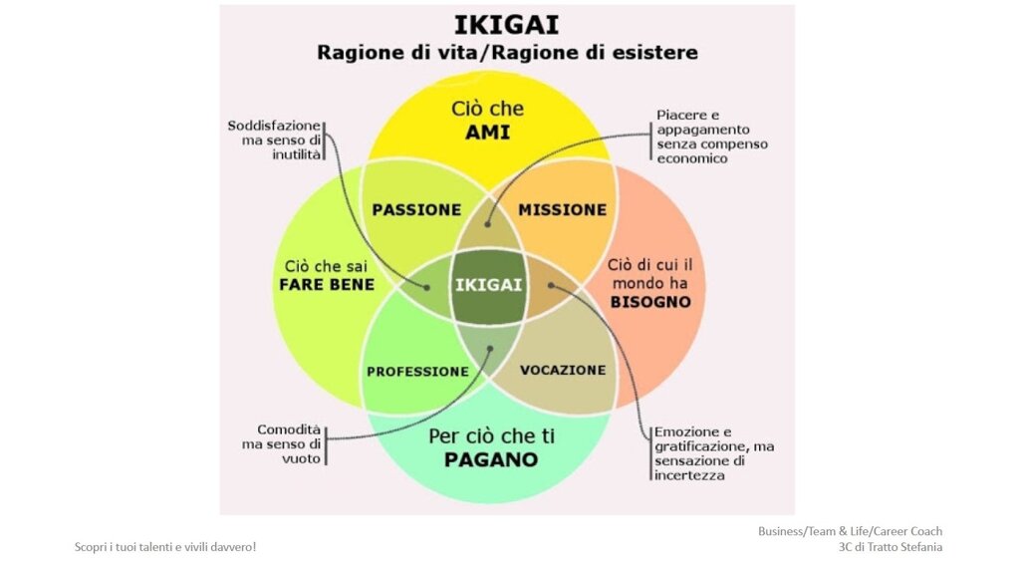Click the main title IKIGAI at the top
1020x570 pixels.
tap(506, 25)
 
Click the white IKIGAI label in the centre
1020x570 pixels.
tap(488, 285)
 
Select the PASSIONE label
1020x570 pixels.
tap(416, 209)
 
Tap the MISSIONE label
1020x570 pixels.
tap(562, 209)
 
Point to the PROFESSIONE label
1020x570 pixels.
tap(417, 372)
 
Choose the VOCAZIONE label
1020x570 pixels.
tap(563, 370)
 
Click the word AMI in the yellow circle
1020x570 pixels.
tap(488, 133)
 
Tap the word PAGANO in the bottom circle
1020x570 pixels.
tap(491, 459)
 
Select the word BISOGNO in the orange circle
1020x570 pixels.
tap(650, 302)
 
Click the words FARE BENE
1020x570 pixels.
tap(327, 284)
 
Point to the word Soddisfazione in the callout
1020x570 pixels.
tap(274, 126)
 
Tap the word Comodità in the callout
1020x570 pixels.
tap(289, 429)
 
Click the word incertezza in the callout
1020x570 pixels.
tap(689, 475)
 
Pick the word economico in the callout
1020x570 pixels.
tap(692, 158)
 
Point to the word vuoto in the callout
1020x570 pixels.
tap(301, 458)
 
